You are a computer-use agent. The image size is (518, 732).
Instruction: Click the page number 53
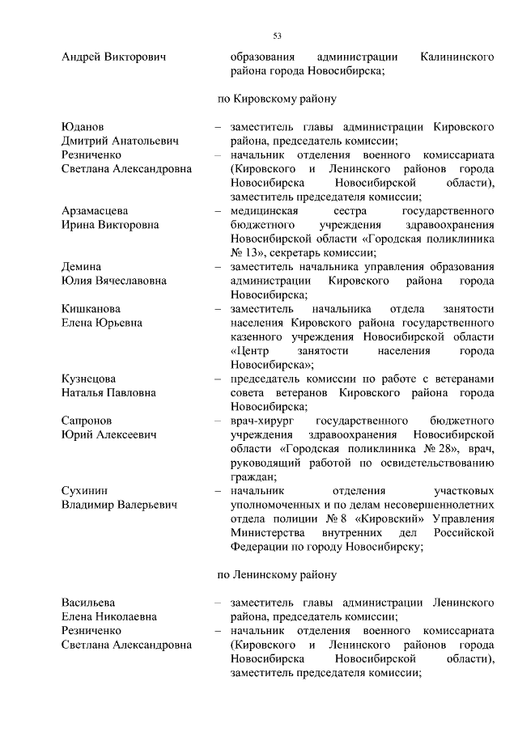277,36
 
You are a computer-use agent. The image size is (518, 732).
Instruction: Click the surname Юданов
83,127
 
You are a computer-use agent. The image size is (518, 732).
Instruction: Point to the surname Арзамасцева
95,211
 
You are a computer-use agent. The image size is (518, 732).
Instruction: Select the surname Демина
81,267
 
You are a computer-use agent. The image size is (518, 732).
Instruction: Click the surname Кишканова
91,309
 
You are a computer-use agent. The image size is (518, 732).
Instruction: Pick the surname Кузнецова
89,379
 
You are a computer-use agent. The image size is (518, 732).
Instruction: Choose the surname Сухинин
84,490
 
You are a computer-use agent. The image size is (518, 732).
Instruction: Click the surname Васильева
88,603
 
